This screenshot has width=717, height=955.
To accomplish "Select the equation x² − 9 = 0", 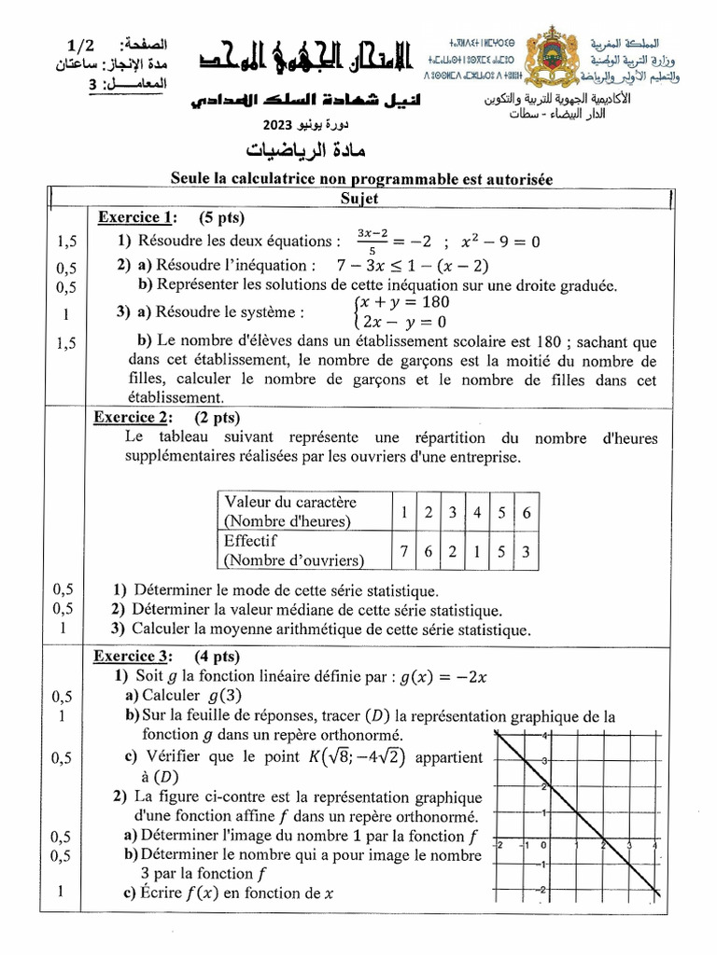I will (500, 242).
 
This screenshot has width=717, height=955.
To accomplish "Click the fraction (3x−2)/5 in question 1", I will (371, 242).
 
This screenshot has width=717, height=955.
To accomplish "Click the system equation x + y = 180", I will (403, 303).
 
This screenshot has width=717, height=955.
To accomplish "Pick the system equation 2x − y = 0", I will (401, 322).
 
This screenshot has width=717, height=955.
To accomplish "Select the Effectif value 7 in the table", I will (403, 551).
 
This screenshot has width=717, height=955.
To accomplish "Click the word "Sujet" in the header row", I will (358, 200).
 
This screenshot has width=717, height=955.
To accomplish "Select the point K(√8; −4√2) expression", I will (358, 757).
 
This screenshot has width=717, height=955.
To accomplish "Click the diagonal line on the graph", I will (579, 821).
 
